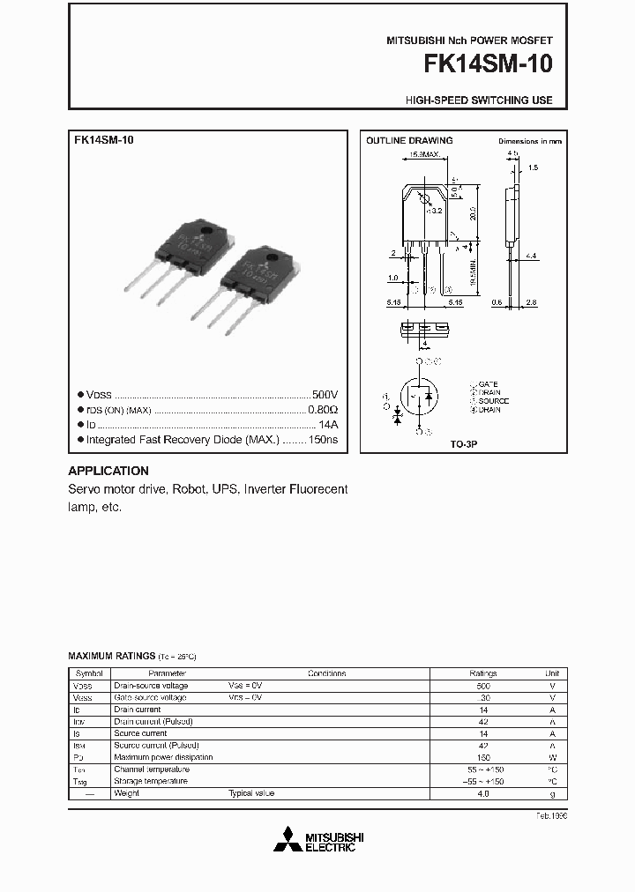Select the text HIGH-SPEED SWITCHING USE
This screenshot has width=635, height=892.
tap(479, 100)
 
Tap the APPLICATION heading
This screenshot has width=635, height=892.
tap(108, 471)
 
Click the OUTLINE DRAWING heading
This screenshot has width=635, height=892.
tap(409, 141)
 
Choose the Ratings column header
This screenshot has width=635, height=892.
tap(483, 673)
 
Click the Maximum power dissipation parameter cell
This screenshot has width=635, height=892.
tap(163, 757)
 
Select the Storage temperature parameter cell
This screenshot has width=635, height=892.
tap(150, 781)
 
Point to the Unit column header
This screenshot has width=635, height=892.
tap(552, 673)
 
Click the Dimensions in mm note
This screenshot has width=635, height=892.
tap(529, 141)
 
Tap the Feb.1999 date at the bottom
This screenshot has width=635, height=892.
tap(550, 816)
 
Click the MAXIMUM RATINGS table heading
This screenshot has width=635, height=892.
tap(112, 657)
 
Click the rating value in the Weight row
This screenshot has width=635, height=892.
tap(483, 793)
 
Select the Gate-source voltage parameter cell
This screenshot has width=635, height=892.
tap(150, 697)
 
